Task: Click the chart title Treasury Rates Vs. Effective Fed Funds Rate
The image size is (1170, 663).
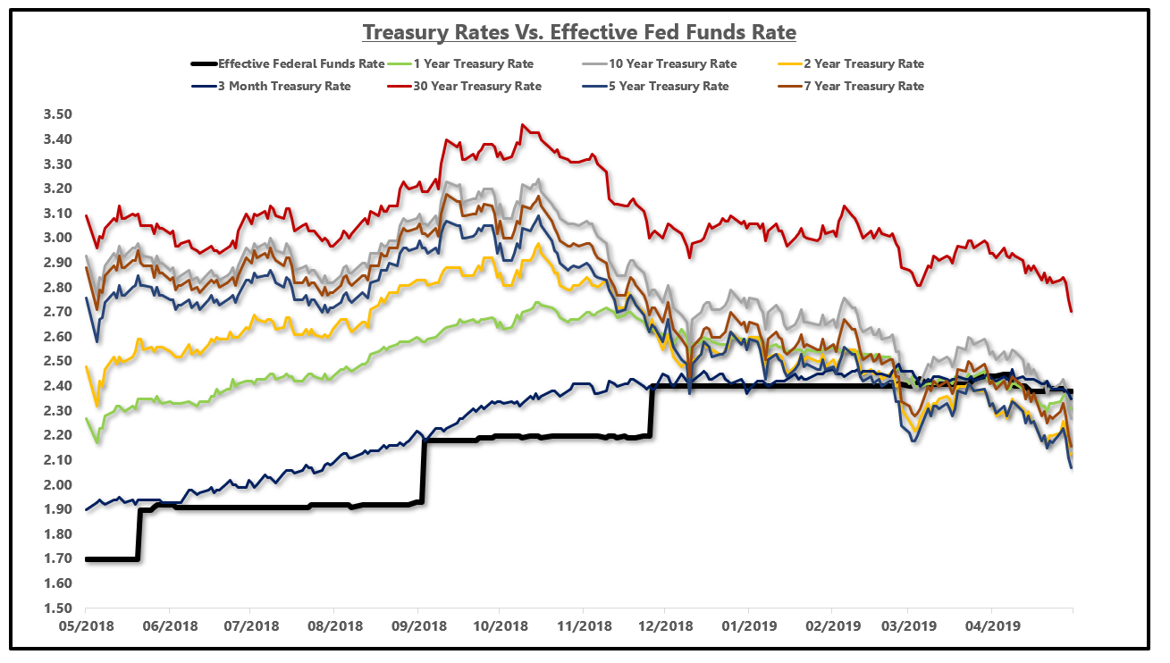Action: [x=579, y=32]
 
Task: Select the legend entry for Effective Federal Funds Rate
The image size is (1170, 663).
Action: [x=301, y=64]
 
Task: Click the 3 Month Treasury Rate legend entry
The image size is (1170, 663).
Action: [x=284, y=87]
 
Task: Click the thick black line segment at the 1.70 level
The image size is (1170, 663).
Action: [x=112, y=559]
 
